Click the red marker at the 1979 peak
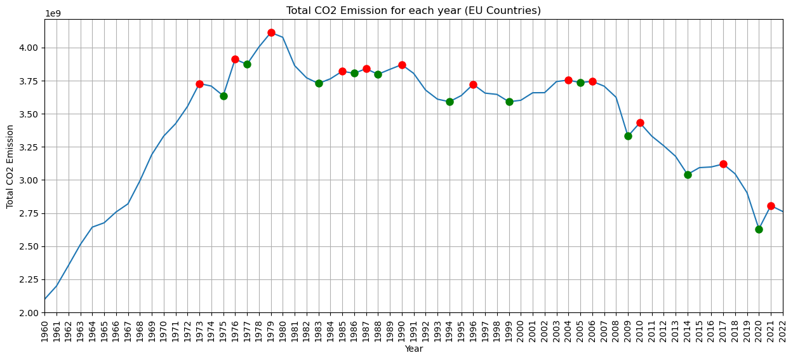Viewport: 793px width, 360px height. (271, 32)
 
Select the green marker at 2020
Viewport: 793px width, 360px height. (759, 229)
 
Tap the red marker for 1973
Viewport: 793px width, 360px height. (199, 84)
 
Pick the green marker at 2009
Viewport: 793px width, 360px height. (628, 136)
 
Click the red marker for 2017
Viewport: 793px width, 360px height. (723, 164)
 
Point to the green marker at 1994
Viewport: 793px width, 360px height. (450, 102)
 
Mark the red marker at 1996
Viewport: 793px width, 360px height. (473, 84)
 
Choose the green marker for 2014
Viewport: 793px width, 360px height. (688, 175)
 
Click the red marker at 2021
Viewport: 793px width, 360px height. (771, 206)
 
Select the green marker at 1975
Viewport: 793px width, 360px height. (223, 96)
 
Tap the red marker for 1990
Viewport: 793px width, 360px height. (402, 65)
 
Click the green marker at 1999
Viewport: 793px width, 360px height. (509, 102)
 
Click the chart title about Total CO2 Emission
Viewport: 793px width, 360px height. (413, 10)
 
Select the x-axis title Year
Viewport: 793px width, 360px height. (413, 349)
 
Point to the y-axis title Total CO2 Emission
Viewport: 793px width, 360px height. (10, 166)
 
